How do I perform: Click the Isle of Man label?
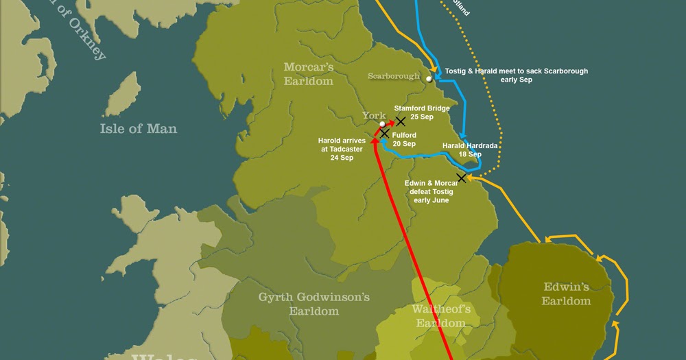tap(138, 128)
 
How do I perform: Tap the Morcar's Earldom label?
tap(309, 74)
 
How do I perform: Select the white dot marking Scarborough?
tap(429, 79)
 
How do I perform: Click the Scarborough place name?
tap(393, 76)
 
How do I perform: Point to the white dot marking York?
tap(383, 124)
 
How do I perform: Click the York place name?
tap(375, 115)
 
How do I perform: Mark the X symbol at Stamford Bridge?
tap(401, 121)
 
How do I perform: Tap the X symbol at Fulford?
tap(385, 133)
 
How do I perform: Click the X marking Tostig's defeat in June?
tap(462, 178)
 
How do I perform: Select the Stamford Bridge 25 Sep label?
tap(422, 112)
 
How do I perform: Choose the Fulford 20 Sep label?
tap(404, 140)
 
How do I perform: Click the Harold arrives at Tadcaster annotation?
tap(342, 149)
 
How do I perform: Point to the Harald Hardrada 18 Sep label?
tap(470, 150)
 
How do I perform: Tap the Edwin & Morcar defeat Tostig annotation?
tap(432, 191)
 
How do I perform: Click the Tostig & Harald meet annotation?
tap(516, 75)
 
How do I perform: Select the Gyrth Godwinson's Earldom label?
tap(314, 304)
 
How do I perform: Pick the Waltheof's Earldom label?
tap(440, 315)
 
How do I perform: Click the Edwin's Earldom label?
tap(566, 294)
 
